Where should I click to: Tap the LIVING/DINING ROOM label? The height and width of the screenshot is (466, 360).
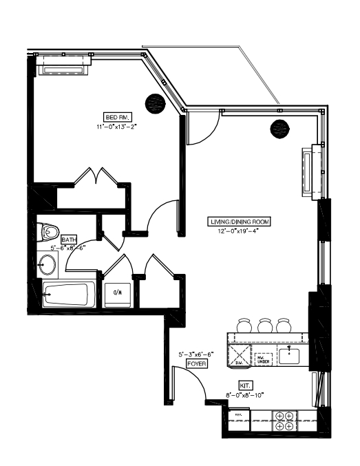tap(240, 222)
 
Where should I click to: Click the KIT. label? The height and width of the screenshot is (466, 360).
tap(244, 385)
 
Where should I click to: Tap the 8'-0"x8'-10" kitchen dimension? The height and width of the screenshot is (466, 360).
tap(244, 395)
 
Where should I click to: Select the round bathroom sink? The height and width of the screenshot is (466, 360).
tap(47, 264)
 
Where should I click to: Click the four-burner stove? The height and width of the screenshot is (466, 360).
tap(284, 421)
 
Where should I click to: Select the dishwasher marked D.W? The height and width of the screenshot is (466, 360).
tap(240, 354)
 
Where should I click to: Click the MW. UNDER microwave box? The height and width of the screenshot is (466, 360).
tap(264, 358)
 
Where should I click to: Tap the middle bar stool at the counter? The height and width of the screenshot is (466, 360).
tap(265, 324)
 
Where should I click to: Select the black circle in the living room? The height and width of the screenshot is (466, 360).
tap(279, 127)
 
